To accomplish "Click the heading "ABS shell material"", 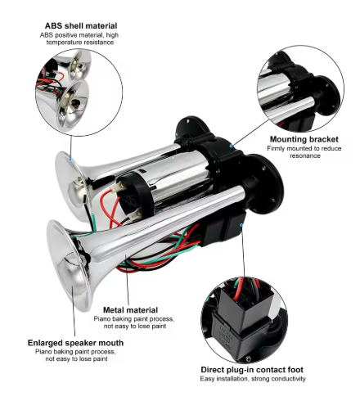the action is pyautogui.click(x=81, y=26).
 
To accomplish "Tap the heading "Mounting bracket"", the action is pyautogui.click(x=304, y=139).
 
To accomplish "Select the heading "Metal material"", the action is pyautogui.click(x=130, y=310).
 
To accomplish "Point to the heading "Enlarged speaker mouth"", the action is pyautogui.click(x=75, y=343).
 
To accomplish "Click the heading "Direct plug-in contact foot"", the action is pyautogui.click(x=252, y=370).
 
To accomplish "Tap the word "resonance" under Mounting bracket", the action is pyautogui.click(x=305, y=155).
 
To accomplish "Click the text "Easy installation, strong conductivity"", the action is pyautogui.click(x=253, y=379).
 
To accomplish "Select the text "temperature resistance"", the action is pyautogui.click(x=80, y=43).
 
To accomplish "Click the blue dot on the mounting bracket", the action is pyautogui.click(x=232, y=146).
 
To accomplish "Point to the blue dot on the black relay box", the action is pyautogui.click(x=241, y=225).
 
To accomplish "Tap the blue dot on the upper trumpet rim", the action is pyautogui.click(x=70, y=160).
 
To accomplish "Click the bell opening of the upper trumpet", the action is pyautogui.click(x=71, y=187).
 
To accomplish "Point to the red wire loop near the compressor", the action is pyautogui.click(x=109, y=207).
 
